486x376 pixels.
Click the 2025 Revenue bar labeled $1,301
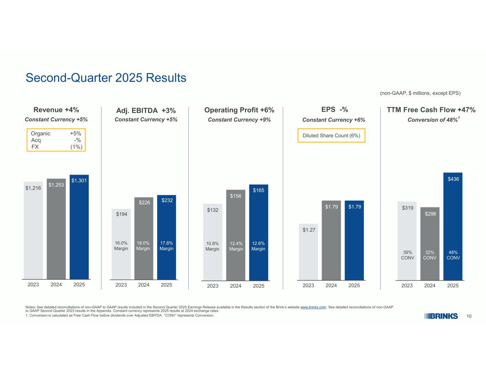point(79,228)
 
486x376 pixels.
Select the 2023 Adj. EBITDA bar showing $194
point(121,246)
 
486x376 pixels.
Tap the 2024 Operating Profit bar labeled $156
point(236,235)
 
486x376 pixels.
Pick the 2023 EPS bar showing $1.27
point(308,257)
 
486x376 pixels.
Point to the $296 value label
point(430,214)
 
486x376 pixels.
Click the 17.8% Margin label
point(167,246)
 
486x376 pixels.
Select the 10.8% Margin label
point(213,246)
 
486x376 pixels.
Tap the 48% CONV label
point(453,255)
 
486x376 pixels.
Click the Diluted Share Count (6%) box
point(331,136)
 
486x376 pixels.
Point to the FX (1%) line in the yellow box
point(57,147)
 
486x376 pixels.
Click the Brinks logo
point(441,316)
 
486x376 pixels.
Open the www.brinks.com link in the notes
point(313,307)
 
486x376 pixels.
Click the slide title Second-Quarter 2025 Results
point(106,78)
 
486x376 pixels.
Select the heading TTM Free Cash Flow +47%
point(431,110)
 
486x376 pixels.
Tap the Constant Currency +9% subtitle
point(239,120)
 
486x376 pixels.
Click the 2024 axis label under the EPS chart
point(331,285)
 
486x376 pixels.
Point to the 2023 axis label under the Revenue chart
point(33,285)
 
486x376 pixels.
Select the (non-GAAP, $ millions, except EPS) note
point(420,93)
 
